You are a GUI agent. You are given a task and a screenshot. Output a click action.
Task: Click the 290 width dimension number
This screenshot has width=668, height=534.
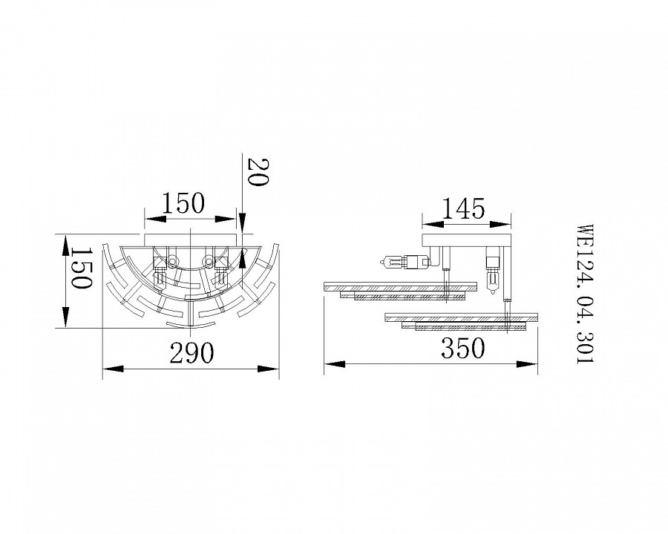coord(191,352)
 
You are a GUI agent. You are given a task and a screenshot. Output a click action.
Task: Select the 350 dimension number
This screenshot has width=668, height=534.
coord(462,348)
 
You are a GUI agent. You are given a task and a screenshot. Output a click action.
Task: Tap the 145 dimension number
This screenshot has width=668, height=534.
coord(463,208)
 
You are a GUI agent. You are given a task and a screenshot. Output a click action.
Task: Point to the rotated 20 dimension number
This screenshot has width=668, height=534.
coord(258,172)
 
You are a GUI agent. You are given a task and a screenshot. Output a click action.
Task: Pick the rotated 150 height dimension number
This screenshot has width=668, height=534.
coord(80,268)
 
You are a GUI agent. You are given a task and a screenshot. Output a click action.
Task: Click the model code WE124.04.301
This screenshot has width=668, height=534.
coord(584,294)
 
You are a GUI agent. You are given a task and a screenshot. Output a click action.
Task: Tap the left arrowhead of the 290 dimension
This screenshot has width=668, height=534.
coord(114,369)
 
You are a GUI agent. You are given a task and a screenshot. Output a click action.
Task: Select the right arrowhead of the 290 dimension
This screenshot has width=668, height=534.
coord(269,369)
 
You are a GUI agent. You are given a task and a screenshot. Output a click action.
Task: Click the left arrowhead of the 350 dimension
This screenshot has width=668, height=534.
coord(335,364)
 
